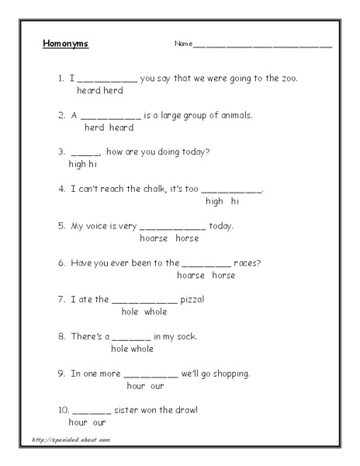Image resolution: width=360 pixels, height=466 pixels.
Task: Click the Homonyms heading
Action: tap(66, 43)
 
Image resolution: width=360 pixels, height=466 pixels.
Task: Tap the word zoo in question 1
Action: tap(288, 78)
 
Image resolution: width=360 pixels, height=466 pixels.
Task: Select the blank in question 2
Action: tap(111, 116)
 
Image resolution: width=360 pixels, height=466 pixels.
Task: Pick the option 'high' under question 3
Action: tap(78, 165)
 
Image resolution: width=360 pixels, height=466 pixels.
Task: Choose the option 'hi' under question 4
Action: tap(235, 201)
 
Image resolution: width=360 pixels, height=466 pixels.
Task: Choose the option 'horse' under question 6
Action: tap(223, 275)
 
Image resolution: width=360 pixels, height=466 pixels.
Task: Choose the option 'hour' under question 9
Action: tap(137, 385)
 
